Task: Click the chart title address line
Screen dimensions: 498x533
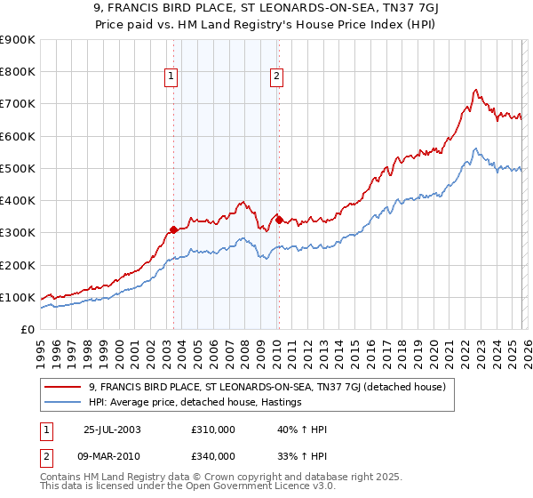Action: [x=266, y=10]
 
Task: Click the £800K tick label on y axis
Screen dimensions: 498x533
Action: [x=18, y=72]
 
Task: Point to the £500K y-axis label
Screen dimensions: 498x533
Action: [x=18, y=168]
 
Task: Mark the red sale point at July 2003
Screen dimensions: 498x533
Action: [x=173, y=229]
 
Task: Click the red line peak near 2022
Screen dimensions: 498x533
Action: [x=476, y=90]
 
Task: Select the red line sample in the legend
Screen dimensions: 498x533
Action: [x=63, y=386]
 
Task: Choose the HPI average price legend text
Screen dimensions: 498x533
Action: [x=195, y=402]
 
